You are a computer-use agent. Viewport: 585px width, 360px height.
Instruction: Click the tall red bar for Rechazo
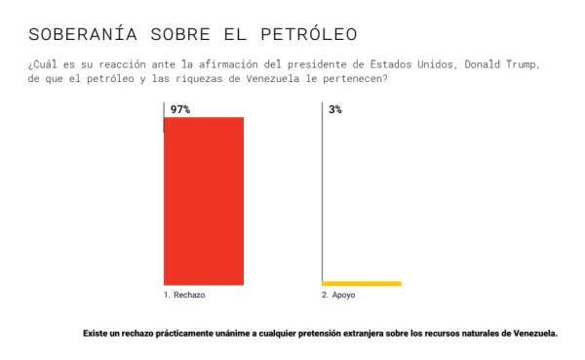click(203, 200)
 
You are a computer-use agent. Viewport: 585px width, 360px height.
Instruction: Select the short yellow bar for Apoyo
click(362, 284)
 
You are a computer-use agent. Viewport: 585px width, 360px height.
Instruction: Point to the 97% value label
click(180, 110)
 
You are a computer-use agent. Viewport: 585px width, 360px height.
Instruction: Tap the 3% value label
click(335, 110)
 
